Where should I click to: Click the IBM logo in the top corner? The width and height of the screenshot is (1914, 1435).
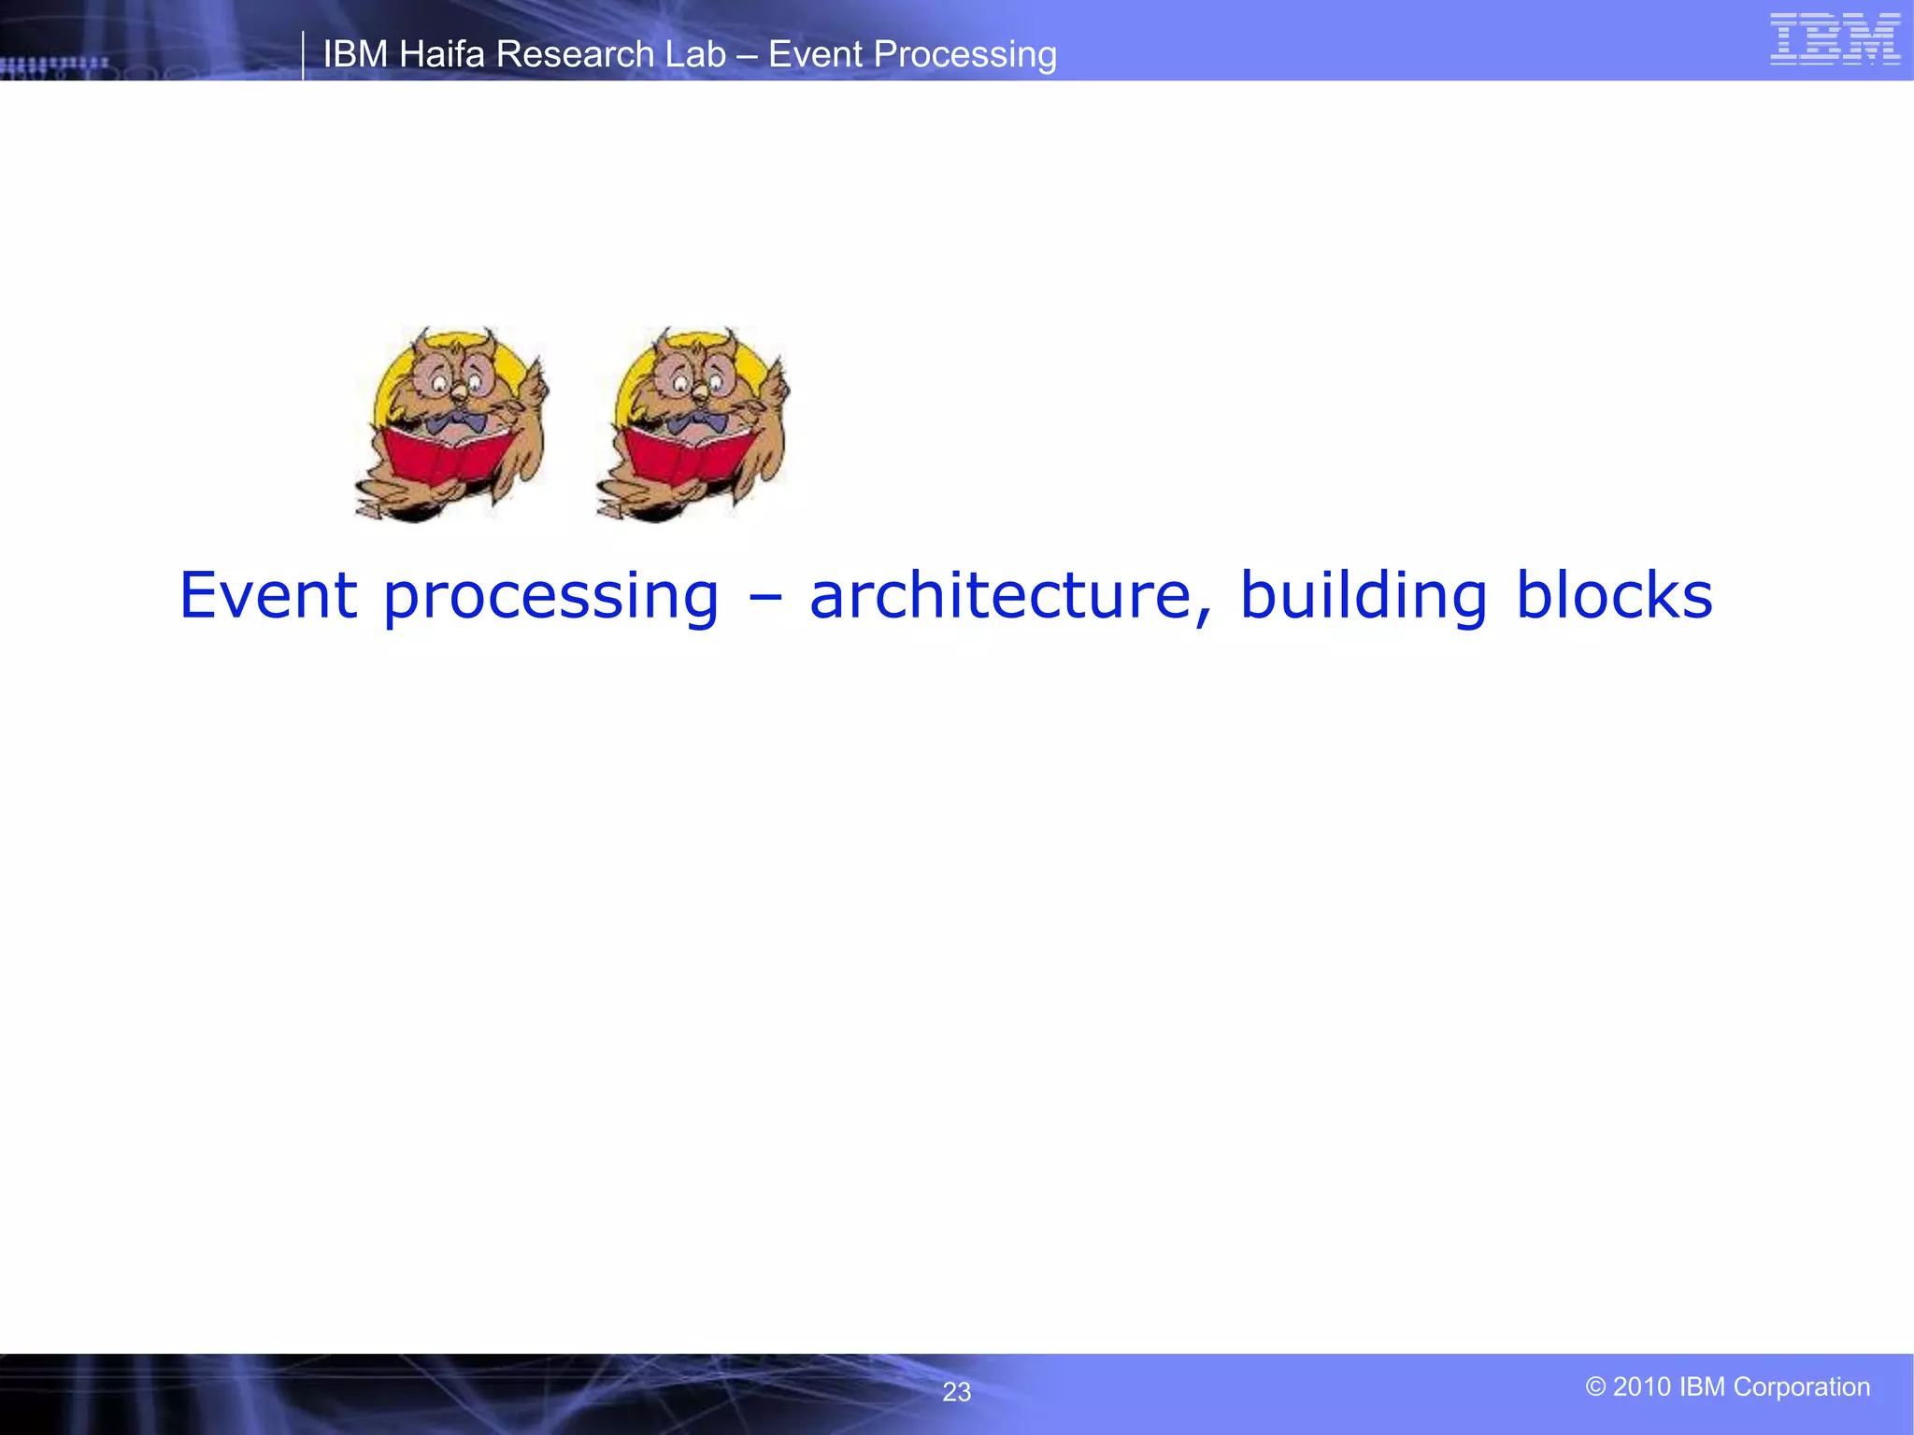tap(1835, 39)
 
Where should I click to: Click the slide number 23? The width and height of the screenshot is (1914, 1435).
tap(956, 1392)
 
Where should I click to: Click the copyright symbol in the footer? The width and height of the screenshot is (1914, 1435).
tap(1595, 1386)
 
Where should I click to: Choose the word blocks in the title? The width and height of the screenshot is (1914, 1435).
tap(1614, 595)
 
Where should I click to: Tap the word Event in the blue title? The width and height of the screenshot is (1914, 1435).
tap(268, 595)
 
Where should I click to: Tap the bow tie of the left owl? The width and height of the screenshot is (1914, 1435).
tap(457, 422)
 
